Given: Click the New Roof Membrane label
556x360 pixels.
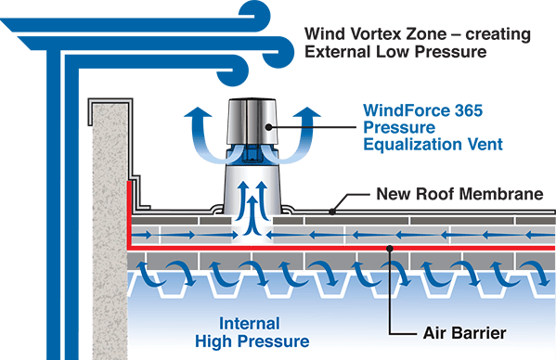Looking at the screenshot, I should point(446,195).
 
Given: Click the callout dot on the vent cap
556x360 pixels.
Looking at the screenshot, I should point(268,127).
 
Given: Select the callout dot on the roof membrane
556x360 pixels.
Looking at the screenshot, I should point(332,211).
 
